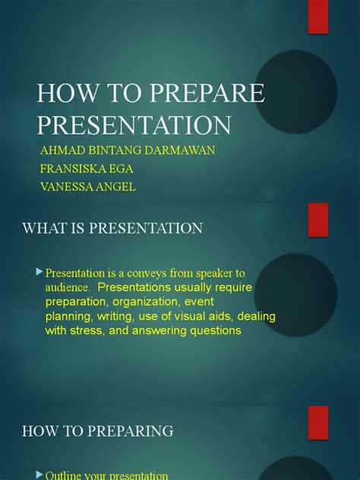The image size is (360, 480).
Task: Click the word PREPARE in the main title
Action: [207, 93]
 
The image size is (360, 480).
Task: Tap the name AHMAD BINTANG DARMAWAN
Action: [128, 150]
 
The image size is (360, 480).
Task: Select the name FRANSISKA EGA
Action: [87, 169]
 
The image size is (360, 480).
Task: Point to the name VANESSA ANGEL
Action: [88, 187]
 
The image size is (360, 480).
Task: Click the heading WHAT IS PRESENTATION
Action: [112, 228]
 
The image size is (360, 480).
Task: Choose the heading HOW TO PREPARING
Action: [98, 431]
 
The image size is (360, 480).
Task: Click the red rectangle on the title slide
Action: [318, 17]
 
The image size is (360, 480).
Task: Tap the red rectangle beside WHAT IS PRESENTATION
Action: [318, 219]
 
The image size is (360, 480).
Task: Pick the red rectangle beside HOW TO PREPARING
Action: [318, 423]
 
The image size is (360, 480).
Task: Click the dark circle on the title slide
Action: [295, 92]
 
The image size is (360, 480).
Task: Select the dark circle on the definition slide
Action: [295, 295]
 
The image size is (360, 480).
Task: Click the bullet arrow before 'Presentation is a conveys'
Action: [39, 272]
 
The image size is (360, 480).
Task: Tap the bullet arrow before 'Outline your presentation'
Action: [39, 475]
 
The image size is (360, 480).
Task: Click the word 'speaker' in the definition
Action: [214, 273]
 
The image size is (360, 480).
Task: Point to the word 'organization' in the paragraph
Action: [145, 302]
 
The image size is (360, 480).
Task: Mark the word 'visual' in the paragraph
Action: [189, 316]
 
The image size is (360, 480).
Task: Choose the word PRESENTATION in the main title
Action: [134, 125]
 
